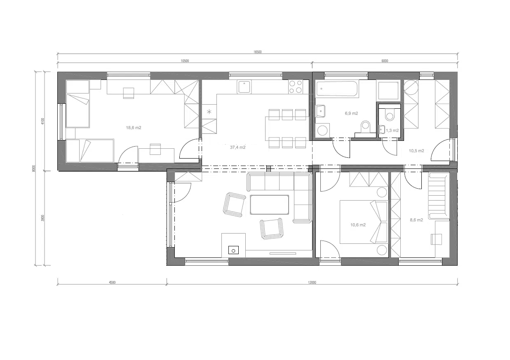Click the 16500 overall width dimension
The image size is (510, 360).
point(258,52)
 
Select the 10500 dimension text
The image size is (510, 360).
point(185,61)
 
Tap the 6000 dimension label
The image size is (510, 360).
point(385,61)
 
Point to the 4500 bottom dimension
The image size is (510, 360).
point(112,283)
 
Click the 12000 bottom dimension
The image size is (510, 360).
point(312,283)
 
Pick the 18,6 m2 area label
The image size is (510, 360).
point(134,128)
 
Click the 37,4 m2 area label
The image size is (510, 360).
point(238,147)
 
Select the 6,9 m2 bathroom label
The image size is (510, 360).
point(351,113)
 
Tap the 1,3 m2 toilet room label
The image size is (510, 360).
point(392,130)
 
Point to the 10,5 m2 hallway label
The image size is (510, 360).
point(416,151)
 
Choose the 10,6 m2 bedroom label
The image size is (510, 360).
point(358,225)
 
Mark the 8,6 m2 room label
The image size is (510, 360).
point(416,220)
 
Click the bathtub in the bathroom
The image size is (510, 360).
point(337,89)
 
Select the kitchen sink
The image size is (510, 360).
point(244,86)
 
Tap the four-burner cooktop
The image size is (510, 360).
point(296,87)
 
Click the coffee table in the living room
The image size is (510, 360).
point(269,204)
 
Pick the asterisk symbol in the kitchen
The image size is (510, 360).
point(209,112)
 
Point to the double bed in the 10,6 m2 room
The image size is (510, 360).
point(364,222)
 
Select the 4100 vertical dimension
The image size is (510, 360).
point(43,121)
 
